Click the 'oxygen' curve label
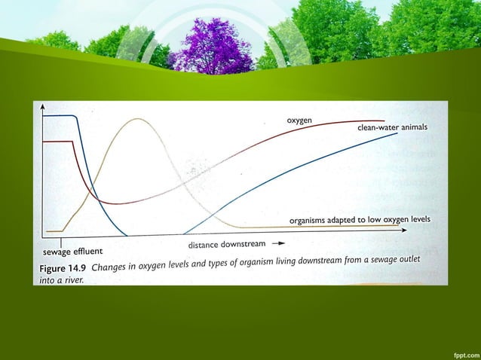coord(300,121)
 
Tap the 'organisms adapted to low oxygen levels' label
coord(360,219)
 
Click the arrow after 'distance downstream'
coord(279,244)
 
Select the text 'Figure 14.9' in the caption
coord(63,268)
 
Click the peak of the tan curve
coord(136,119)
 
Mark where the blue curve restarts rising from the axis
coord(183,233)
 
